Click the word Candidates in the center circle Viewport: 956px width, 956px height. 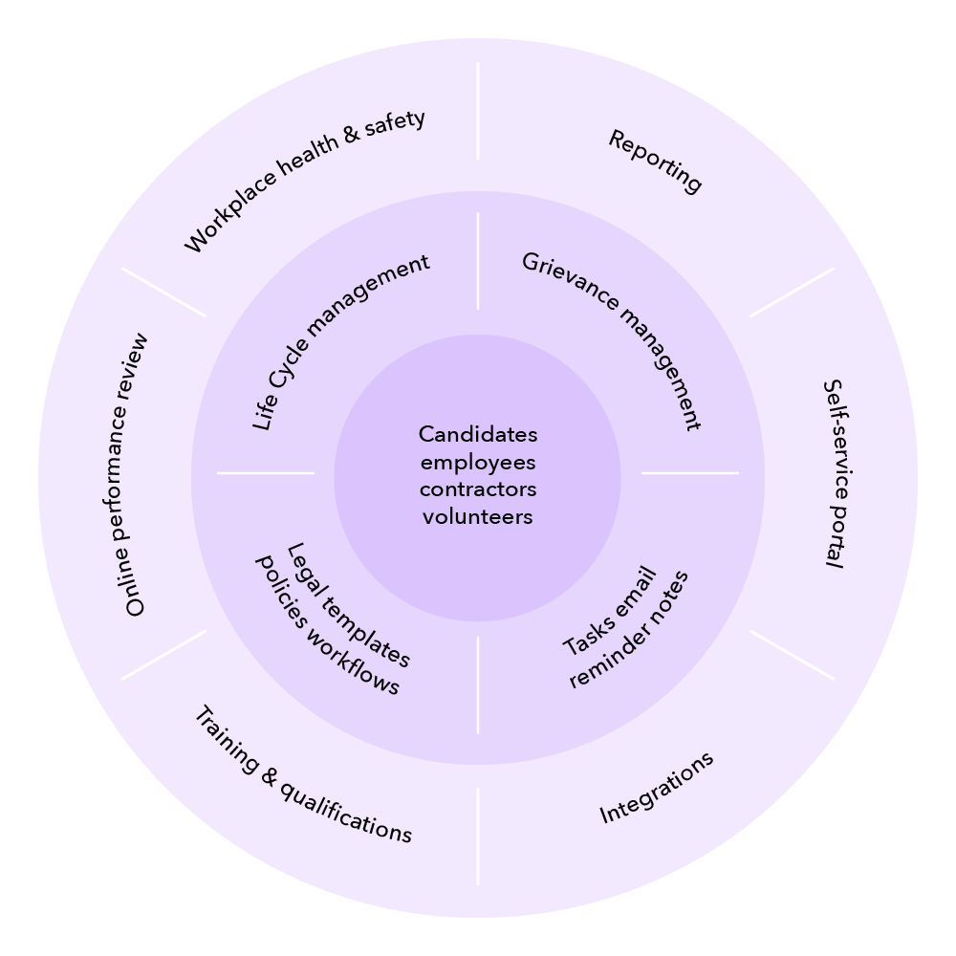[x=478, y=435]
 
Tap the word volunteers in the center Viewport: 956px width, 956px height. [x=478, y=517]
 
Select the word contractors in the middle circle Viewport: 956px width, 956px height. [x=478, y=489]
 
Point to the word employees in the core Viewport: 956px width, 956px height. [x=478, y=463]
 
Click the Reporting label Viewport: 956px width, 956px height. [x=656, y=162]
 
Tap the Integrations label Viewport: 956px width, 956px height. [x=657, y=788]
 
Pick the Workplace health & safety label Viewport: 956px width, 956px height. [x=304, y=182]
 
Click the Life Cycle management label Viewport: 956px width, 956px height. [x=340, y=342]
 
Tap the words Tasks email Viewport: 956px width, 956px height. [x=610, y=612]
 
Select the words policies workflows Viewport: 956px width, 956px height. [x=326, y=625]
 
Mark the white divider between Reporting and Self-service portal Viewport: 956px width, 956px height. [x=792, y=292]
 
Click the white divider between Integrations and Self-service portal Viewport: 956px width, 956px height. [x=792, y=655]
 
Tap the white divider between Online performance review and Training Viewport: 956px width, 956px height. [x=163, y=655]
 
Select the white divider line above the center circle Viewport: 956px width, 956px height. [x=478, y=261]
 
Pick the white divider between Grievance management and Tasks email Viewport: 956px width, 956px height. [x=689, y=472]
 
